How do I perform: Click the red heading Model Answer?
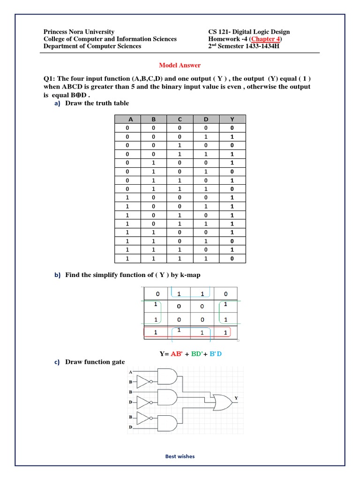point(180,65)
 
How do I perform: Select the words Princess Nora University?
point(79,32)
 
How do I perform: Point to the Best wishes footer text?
point(180,456)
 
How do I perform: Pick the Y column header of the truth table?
point(231,120)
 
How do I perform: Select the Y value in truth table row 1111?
point(231,259)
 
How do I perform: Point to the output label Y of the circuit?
point(236,398)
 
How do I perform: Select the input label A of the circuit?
point(130,371)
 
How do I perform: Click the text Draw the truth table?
point(97,103)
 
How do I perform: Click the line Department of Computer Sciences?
point(92,46)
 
